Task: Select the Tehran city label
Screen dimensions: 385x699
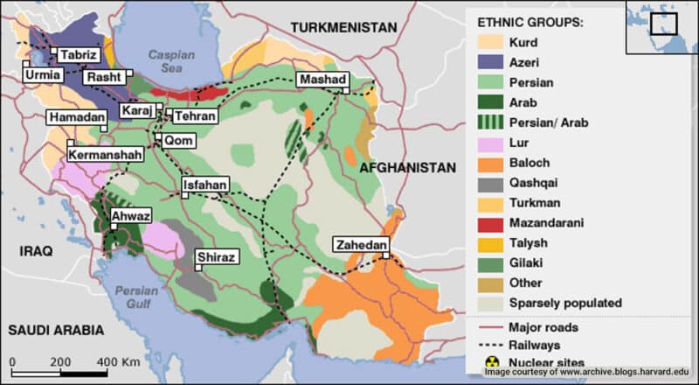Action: pyautogui.click(x=195, y=115)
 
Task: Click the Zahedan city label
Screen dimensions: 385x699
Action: pyautogui.click(x=360, y=246)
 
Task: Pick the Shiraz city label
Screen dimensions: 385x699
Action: pyautogui.click(x=216, y=257)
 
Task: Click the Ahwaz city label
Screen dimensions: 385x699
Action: pyautogui.click(x=130, y=216)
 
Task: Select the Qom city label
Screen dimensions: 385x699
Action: pyautogui.click(x=175, y=140)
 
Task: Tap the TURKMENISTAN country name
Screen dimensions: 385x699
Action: pyautogui.click(x=344, y=28)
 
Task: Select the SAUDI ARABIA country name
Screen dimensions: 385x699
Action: pyautogui.click(x=56, y=331)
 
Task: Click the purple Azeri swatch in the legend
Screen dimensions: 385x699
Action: pyautogui.click(x=492, y=62)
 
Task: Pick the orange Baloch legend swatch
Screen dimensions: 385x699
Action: pyautogui.click(x=492, y=163)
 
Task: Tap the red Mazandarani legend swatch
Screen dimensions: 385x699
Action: pyautogui.click(x=492, y=223)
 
